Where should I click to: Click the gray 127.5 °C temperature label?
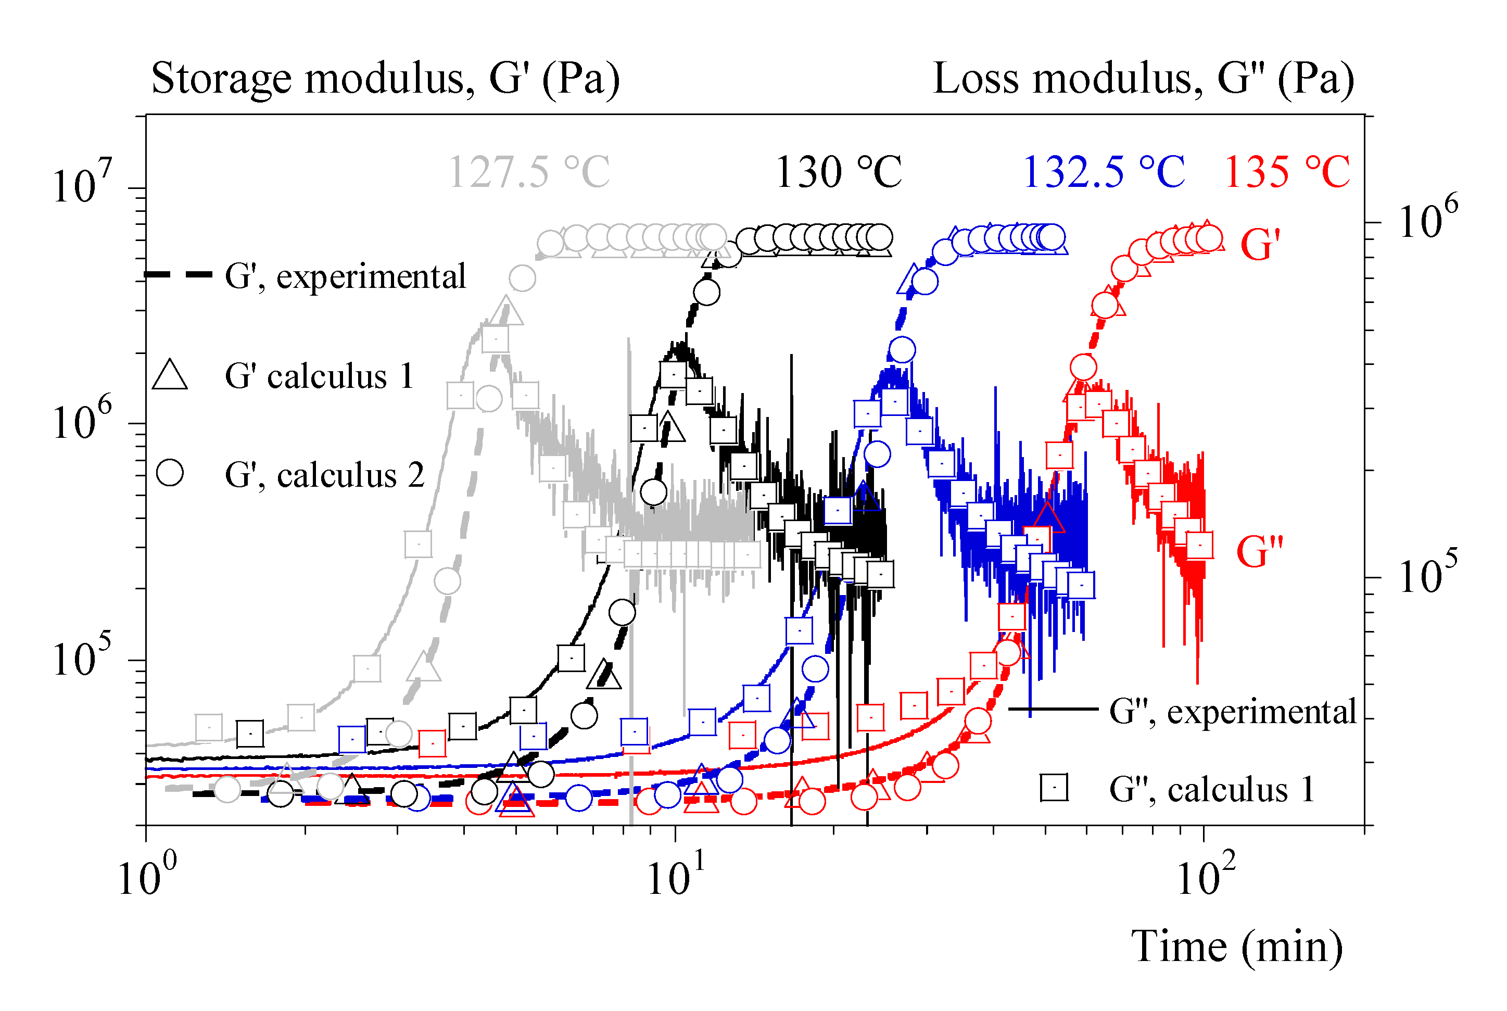pyautogui.click(x=528, y=173)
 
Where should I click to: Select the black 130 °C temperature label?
pyautogui.click(x=838, y=173)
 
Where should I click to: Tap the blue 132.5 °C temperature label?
pyautogui.click(x=1104, y=173)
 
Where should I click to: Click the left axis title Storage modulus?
pyautogui.click(x=385, y=79)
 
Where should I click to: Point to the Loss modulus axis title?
pyautogui.click(x=1144, y=79)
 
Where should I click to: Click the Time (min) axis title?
pyautogui.click(x=1237, y=946)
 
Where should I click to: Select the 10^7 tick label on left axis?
pyautogui.click(x=81, y=184)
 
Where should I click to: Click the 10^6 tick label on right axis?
pyautogui.click(x=1428, y=219)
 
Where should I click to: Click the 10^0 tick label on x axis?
pyautogui.click(x=147, y=877)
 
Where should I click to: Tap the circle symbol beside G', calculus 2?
pyautogui.click(x=170, y=473)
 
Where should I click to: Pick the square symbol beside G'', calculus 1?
pyautogui.click(x=1055, y=788)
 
